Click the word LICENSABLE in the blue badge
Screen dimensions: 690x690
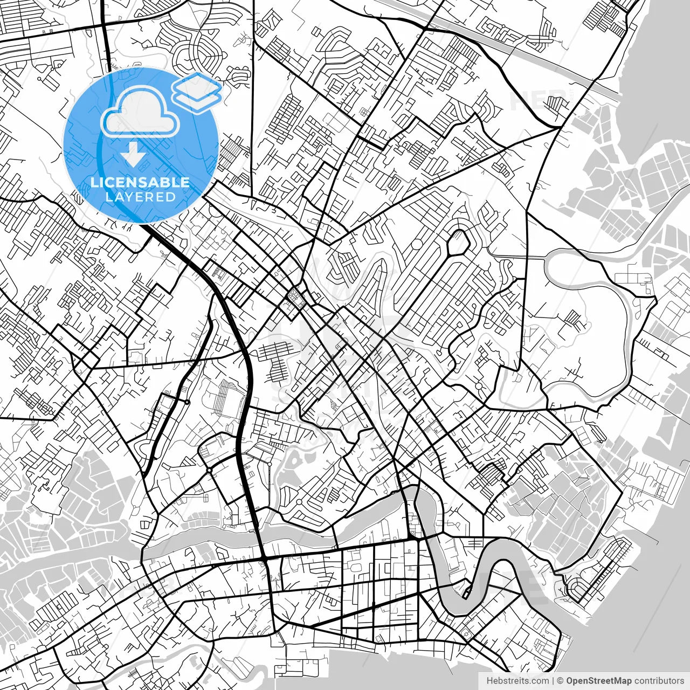coord(140,182)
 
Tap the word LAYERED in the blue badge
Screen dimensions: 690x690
coord(140,197)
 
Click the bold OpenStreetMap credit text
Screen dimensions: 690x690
coord(598,681)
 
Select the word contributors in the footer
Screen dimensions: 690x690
coord(659,681)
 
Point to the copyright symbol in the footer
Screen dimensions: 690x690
coord(560,681)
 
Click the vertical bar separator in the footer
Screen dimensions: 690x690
coord(553,681)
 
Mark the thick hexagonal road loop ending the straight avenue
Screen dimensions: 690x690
coord(458,243)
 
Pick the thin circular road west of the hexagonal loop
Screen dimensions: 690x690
coord(417,244)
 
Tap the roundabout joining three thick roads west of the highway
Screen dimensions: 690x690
coord(209,471)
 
